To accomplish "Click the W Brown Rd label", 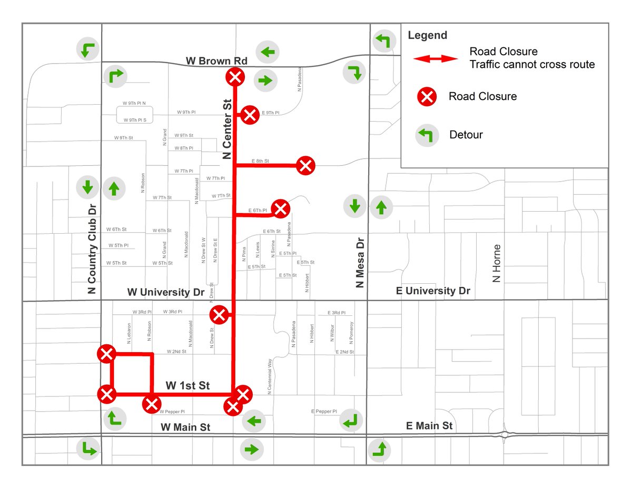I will [216, 61].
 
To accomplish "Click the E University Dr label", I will [432, 291].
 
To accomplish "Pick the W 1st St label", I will [187, 386].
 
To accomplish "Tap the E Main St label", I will [429, 425].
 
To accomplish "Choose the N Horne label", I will [496, 263].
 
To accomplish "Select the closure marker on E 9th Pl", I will [250, 115].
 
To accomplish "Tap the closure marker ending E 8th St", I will [305, 166].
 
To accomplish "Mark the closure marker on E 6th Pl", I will [280, 209].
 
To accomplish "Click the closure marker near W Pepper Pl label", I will [152, 404].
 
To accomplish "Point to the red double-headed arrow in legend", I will [436, 58].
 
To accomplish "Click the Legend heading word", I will [427, 36].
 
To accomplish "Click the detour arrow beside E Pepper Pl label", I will [351, 420].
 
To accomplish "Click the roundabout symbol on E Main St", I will [505, 435].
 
